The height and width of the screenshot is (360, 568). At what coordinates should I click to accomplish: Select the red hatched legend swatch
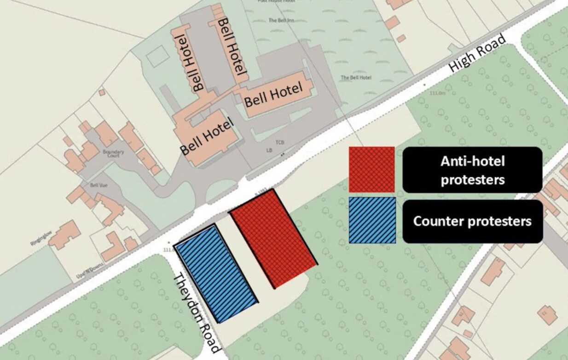371,169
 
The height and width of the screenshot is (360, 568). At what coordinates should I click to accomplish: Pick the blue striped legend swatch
372,220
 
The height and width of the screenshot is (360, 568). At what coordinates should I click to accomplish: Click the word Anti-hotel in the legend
472,161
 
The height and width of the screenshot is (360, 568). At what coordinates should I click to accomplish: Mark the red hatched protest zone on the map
273,238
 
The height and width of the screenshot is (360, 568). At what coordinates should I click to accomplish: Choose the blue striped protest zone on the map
216,273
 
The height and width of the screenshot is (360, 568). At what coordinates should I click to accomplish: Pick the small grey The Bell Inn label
278,20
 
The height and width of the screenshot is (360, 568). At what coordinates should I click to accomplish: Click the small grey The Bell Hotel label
356,77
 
